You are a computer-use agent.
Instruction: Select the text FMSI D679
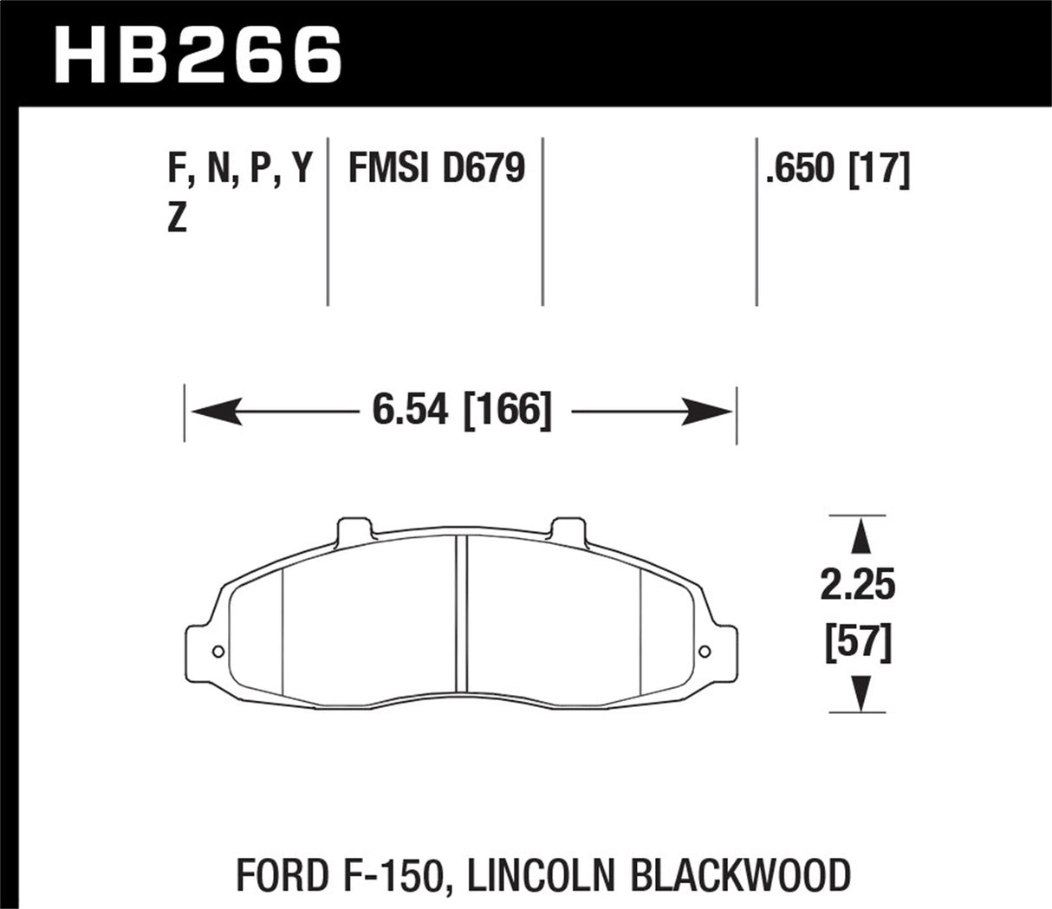[x=436, y=168]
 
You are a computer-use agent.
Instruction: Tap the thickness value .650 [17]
[x=836, y=168]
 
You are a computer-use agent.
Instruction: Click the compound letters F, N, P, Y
[x=239, y=168]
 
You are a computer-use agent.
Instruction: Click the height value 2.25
[x=858, y=586]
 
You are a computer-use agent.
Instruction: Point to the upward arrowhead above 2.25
[x=859, y=537]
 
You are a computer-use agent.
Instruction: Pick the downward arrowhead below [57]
[x=859, y=693]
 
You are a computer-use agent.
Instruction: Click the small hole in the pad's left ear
[x=218, y=652]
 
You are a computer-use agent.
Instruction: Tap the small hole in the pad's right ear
[x=705, y=652]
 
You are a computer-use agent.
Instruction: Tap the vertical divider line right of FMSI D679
[x=542, y=221]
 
